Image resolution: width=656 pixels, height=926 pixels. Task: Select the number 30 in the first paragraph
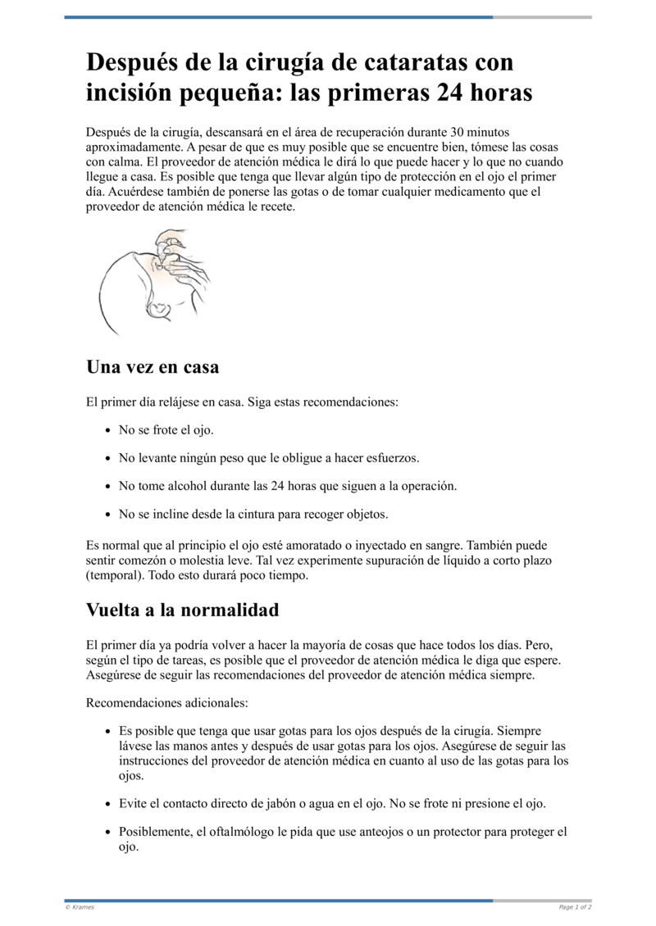point(460,132)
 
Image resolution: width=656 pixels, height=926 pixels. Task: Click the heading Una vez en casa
point(153,367)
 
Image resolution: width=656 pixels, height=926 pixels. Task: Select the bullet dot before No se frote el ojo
point(109,430)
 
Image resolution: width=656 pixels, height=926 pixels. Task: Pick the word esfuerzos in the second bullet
point(393,458)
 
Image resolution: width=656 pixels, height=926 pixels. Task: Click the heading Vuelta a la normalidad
point(182,611)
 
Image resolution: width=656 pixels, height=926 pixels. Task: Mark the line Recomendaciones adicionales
point(166,703)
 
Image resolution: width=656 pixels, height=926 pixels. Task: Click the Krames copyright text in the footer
point(80,907)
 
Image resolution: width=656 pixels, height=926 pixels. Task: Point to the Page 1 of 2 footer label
point(575,907)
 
